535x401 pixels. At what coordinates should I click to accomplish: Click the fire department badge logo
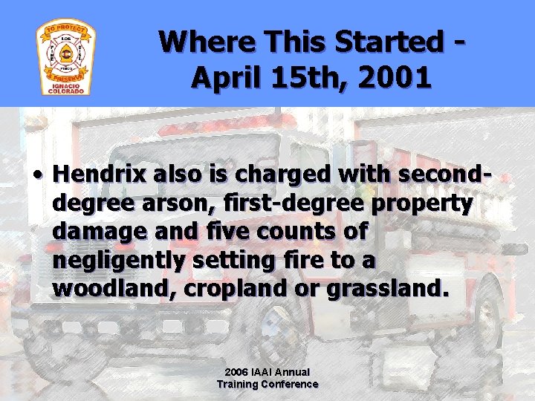coord(66,57)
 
